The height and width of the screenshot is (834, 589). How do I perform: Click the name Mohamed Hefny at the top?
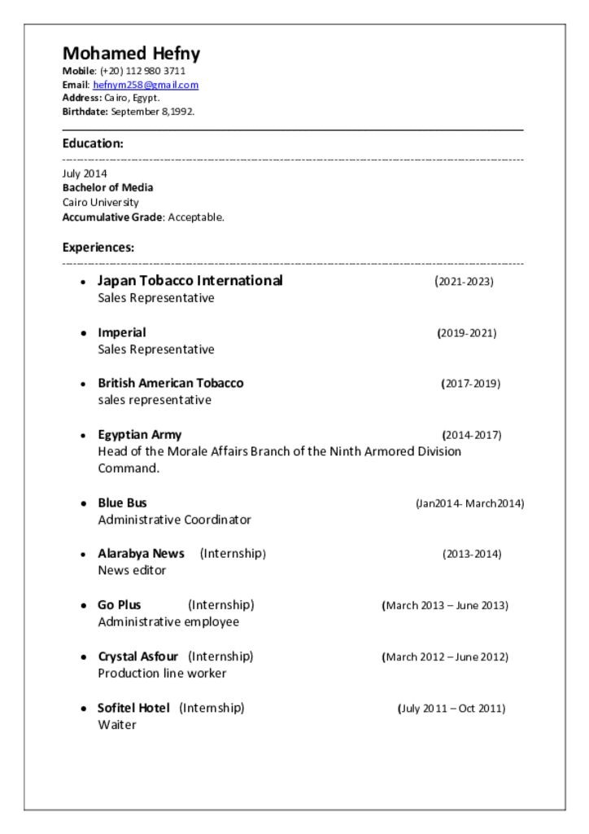coord(131,54)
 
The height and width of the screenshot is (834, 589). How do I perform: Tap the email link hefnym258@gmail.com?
coord(146,85)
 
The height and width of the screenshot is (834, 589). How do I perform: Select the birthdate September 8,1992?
coord(152,112)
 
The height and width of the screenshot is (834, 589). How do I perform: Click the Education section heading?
coord(93,143)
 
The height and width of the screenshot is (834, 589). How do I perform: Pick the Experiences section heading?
coord(98,248)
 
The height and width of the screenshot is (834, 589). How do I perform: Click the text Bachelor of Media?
coord(107,187)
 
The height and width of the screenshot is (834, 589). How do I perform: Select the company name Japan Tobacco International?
coord(190,281)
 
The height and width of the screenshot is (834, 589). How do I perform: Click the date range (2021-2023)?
coord(464,282)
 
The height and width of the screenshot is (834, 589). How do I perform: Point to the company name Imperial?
coord(122,332)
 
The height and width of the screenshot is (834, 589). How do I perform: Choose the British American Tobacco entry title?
coord(171,383)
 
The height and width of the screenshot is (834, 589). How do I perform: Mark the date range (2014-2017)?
coord(472,435)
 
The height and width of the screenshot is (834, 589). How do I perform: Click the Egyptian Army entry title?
coord(140,434)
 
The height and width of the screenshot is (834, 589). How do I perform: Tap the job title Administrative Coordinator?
coord(175,520)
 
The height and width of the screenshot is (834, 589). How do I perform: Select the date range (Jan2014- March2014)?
coord(469,503)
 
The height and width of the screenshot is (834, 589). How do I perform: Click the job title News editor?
coord(132,570)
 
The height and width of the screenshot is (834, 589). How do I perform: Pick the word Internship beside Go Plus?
coord(221,605)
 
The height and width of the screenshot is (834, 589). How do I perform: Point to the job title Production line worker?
coord(162,674)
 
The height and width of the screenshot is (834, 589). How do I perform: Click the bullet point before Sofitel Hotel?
coord(83,709)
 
